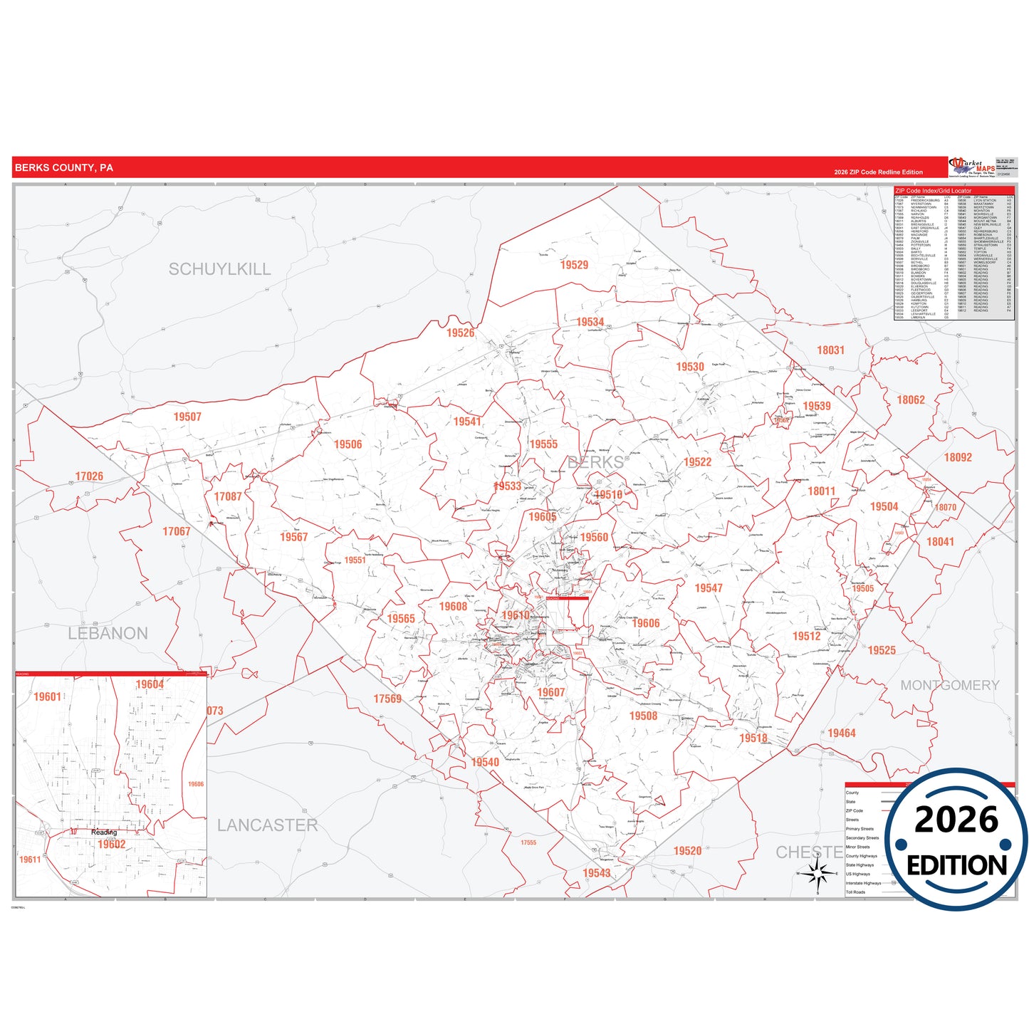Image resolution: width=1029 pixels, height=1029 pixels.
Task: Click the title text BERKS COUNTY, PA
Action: [x=63, y=168]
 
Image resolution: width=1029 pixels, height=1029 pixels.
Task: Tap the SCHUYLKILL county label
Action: [x=219, y=269]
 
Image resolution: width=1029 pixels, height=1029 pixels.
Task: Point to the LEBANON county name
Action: [x=108, y=633]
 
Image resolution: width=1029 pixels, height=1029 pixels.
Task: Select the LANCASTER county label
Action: [x=267, y=825]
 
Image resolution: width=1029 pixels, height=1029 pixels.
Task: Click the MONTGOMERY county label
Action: [x=950, y=685]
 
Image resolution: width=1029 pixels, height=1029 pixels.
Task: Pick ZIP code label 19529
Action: [x=574, y=265]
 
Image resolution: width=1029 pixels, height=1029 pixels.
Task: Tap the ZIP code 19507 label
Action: [x=187, y=417]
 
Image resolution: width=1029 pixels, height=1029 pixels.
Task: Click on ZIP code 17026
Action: [x=89, y=476]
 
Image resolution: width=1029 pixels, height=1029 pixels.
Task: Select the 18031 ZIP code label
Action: [x=830, y=350]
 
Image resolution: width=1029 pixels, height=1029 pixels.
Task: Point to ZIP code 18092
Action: [x=958, y=457]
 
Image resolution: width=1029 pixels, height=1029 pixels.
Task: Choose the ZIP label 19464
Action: [x=842, y=733]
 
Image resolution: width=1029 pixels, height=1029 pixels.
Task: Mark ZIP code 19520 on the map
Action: [x=687, y=851]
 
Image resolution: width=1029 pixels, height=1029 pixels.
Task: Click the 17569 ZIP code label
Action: [x=387, y=699]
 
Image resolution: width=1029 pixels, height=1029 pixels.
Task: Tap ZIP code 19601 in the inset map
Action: [x=48, y=696]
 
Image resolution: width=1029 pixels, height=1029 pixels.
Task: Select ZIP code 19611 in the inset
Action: [x=30, y=860]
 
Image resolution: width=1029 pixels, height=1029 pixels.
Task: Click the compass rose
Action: [x=818, y=872]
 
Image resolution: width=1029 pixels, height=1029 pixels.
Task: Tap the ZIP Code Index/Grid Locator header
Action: [x=933, y=191]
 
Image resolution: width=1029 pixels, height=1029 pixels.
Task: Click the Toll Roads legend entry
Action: [x=855, y=892]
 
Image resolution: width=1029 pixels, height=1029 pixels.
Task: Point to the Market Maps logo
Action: [x=973, y=167]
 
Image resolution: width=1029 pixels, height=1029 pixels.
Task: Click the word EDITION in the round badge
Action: [x=956, y=865]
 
